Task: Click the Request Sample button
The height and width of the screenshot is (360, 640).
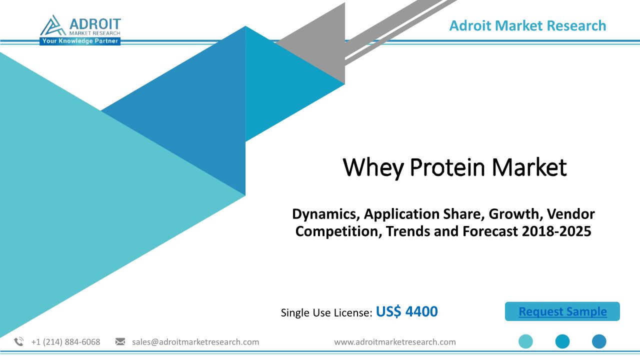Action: (562, 311)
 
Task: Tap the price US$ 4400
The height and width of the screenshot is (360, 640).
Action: (406, 311)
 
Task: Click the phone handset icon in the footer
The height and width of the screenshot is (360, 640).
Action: (19, 341)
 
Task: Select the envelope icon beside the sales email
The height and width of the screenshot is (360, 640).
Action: (120, 341)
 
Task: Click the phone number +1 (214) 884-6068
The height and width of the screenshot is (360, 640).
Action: (65, 342)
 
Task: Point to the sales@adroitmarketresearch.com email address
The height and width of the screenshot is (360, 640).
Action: (195, 342)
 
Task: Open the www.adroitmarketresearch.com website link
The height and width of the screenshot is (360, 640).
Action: (395, 342)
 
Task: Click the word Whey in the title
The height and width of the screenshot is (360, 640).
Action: (373, 167)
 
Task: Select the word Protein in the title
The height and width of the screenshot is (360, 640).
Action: (447, 167)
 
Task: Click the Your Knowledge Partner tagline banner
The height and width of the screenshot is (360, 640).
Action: (80, 41)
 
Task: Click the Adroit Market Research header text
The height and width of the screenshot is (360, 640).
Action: (527, 25)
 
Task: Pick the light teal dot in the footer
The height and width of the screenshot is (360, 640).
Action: (525, 341)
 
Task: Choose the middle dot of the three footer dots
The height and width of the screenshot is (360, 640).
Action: (562, 341)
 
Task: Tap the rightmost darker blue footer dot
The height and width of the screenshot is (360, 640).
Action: (599, 341)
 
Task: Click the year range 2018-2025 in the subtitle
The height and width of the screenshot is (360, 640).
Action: (556, 231)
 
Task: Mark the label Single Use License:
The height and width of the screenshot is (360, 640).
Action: (326, 313)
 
